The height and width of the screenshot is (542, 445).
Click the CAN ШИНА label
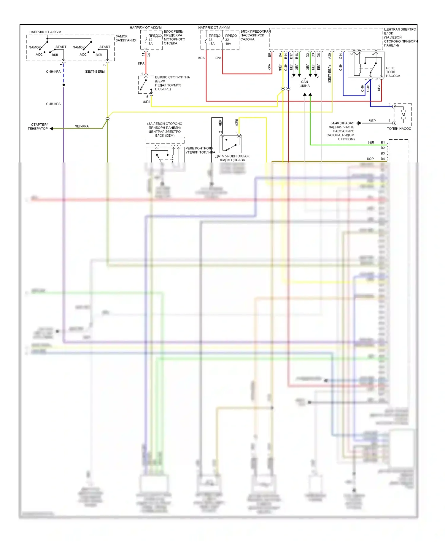pyautogui.click(x=304, y=84)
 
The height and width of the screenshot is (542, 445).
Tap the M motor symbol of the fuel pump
pyautogui.click(x=403, y=115)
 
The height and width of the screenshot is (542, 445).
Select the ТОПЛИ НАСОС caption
pyautogui.click(x=399, y=128)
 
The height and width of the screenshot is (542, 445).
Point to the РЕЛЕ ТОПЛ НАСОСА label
pyautogui.click(x=393, y=72)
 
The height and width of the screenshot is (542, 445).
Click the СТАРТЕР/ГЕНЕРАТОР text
pyautogui.click(x=38, y=127)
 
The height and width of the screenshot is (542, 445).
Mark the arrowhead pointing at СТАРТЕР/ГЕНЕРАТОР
pyautogui.click(x=51, y=129)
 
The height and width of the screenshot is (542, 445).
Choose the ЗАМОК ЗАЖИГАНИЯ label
pyautogui.click(x=126, y=38)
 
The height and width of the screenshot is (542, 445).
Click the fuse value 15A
pyautogui.click(x=212, y=44)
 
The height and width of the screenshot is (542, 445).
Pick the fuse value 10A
pyautogui.click(x=228, y=44)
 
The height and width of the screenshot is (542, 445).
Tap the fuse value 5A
pyautogui.click(x=150, y=44)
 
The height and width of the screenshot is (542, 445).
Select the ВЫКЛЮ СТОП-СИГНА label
pyautogui.click(x=172, y=77)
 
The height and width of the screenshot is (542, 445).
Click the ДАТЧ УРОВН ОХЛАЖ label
pyautogui.click(x=232, y=156)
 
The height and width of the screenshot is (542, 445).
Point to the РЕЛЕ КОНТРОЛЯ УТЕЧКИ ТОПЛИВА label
pyautogui.click(x=200, y=150)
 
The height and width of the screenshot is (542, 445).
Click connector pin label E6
pyautogui.click(x=269, y=55)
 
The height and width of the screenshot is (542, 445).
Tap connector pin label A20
pyautogui.click(x=330, y=56)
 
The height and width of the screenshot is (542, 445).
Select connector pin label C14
pyautogui.click(x=341, y=56)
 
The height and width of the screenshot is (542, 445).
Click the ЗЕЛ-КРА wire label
pyautogui.click(x=82, y=126)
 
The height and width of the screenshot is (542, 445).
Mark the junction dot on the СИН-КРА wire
pyautogui.click(x=63, y=85)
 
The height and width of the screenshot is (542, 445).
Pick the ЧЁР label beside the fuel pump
pyautogui.click(x=372, y=121)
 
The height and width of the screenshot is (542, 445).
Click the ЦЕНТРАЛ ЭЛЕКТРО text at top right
pyautogui.click(x=400, y=29)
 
